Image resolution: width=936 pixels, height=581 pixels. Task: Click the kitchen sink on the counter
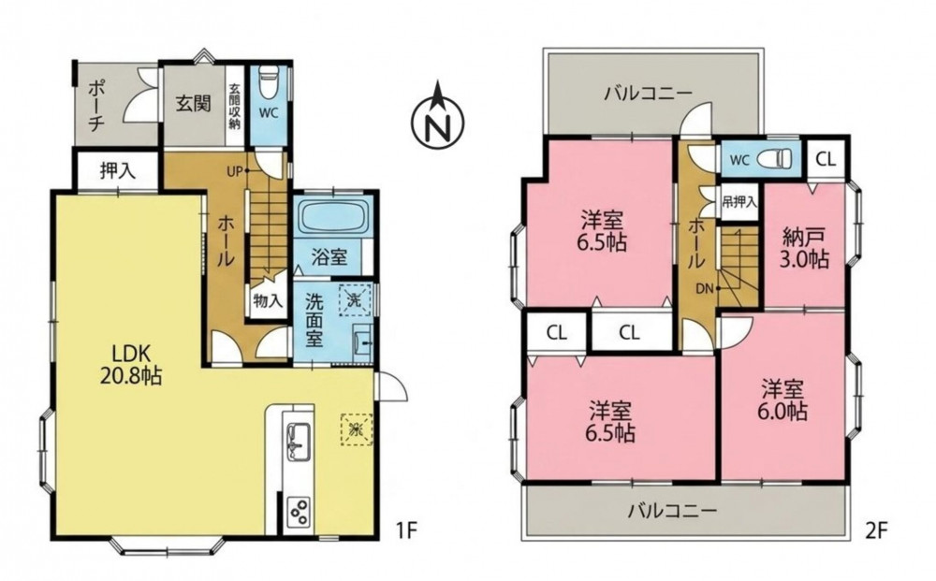pos(298,442)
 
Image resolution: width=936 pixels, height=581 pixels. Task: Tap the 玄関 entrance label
pos(194,103)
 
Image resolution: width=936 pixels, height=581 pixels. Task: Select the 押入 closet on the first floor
pos(117,170)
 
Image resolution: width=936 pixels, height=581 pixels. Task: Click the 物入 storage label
pos(267,301)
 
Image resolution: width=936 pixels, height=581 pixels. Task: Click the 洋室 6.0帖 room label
pos(783,400)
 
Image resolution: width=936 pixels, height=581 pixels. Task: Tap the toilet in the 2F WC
pos(774,159)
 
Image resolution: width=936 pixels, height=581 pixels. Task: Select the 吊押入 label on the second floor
pos(739,202)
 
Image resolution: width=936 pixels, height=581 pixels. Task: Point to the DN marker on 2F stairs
pos(705,289)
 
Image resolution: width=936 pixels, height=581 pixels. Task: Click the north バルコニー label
pos(648,94)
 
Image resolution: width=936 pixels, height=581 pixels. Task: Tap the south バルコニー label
pos(671,511)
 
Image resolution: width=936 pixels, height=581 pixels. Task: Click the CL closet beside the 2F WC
pos(826,159)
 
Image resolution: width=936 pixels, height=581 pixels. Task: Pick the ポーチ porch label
pos(96,105)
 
